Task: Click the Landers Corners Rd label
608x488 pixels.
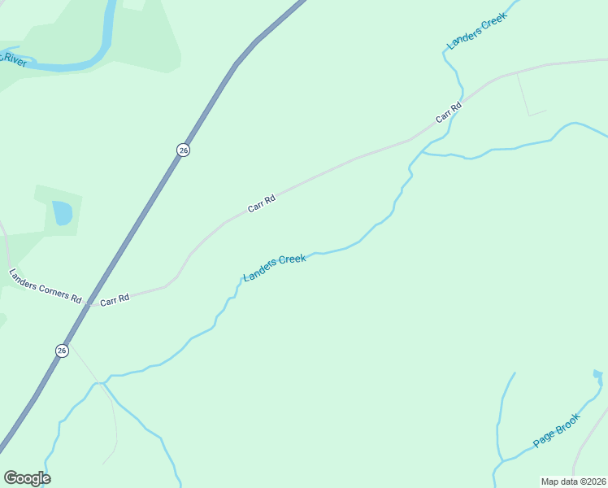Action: point(45,285)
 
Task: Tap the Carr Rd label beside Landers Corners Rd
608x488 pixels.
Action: point(115,299)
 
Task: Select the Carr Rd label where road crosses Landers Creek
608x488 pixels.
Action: point(448,111)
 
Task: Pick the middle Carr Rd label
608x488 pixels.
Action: point(262,203)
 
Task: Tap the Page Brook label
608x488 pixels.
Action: point(557,430)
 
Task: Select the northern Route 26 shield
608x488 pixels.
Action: point(184,150)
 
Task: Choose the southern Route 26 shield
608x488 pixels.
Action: point(62,351)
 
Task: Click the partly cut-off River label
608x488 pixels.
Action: point(14,59)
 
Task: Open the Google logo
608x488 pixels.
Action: point(27,478)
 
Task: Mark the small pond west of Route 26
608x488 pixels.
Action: point(62,213)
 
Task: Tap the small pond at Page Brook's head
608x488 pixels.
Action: point(598,376)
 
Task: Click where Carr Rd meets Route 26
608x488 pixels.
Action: point(89,303)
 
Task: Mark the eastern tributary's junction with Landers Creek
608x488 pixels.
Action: point(423,152)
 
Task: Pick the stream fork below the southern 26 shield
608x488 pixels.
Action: point(102,382)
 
